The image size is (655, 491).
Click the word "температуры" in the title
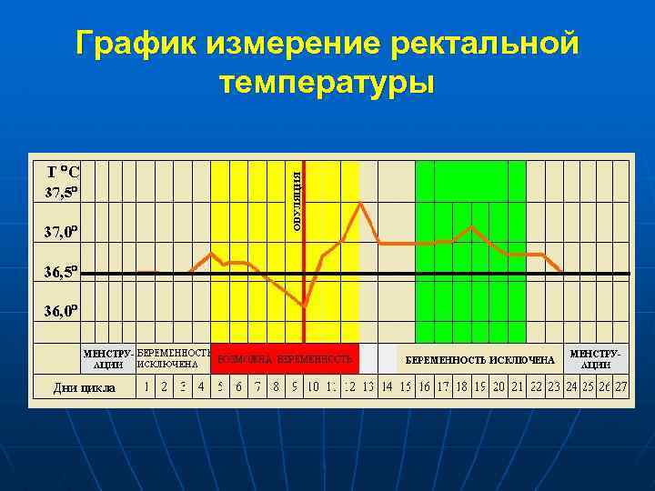click(327, 83)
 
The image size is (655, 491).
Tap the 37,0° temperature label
click(63, 232)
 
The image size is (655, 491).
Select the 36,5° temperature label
click(63, 271)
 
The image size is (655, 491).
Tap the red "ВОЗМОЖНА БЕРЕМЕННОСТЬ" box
click(284, 360)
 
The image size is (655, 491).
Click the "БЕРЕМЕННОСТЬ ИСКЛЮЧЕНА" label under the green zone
click(479, 360)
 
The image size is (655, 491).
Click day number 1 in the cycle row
click(146, 386)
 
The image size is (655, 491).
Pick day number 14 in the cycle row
click(386, 386)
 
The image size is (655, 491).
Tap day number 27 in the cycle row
click(621, 386)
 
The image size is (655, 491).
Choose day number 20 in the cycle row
click(499, 386)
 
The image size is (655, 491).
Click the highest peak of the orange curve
click(362, 202)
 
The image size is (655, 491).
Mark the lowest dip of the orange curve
click(305, 306)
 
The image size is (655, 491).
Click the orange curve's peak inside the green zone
click(471, 225)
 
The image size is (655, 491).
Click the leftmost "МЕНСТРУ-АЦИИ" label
click(108, 358)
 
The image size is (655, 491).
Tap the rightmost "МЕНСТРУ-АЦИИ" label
click(596, 357)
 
